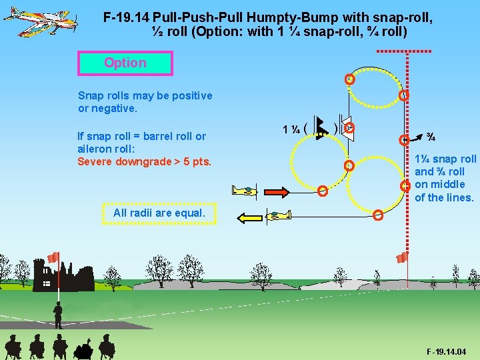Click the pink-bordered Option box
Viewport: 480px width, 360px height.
coord(125,63)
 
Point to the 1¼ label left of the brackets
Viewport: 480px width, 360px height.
coord(290,128)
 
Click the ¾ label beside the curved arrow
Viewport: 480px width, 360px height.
coord(431,137)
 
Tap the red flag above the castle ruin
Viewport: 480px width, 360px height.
coord(53,257)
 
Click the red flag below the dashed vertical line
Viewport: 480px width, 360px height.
coord(401,258)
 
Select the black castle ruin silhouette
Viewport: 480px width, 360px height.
coord(53,277)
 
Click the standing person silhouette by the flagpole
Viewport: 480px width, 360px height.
coord(58,314)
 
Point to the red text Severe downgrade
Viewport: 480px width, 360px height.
coord(144,162)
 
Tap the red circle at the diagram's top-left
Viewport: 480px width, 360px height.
coord(349,79)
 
